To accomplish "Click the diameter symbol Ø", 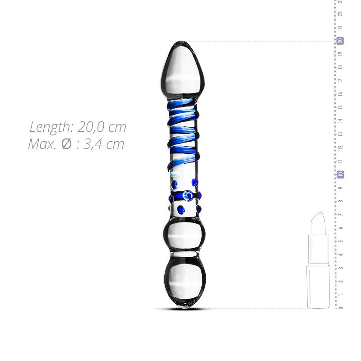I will click(x=66, y=144).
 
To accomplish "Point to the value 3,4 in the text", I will click(x=93, y=144).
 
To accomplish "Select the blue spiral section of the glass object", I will click(x=183, y=135).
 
